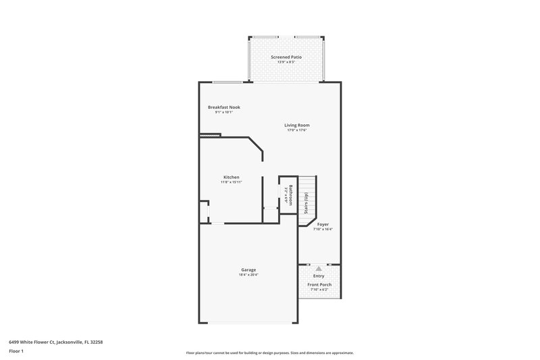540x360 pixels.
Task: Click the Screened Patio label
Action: (286, 57)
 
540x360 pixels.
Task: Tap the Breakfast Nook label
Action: (224, 107)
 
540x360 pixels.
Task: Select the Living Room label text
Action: (297, 125)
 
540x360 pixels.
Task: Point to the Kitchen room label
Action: (232, 177)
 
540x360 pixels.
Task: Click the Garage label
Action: (248, 269)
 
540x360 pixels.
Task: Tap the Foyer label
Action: (323, 224)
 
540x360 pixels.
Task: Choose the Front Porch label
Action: (319, 285)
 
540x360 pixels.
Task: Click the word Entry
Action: (319, 276)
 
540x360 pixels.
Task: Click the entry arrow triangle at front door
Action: (319, 268)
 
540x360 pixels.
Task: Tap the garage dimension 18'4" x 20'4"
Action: (248, 275)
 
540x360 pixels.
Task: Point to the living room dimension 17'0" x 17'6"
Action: (297, 130)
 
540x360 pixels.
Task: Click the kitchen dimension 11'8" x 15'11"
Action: (232, 182)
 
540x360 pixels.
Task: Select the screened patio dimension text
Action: (286, 63)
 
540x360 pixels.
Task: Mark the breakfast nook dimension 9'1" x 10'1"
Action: (223, 113)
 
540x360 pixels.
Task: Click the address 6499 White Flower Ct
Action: (55, 342)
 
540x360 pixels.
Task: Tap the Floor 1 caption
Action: (17, 352)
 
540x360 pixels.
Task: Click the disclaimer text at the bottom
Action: (269, 353)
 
